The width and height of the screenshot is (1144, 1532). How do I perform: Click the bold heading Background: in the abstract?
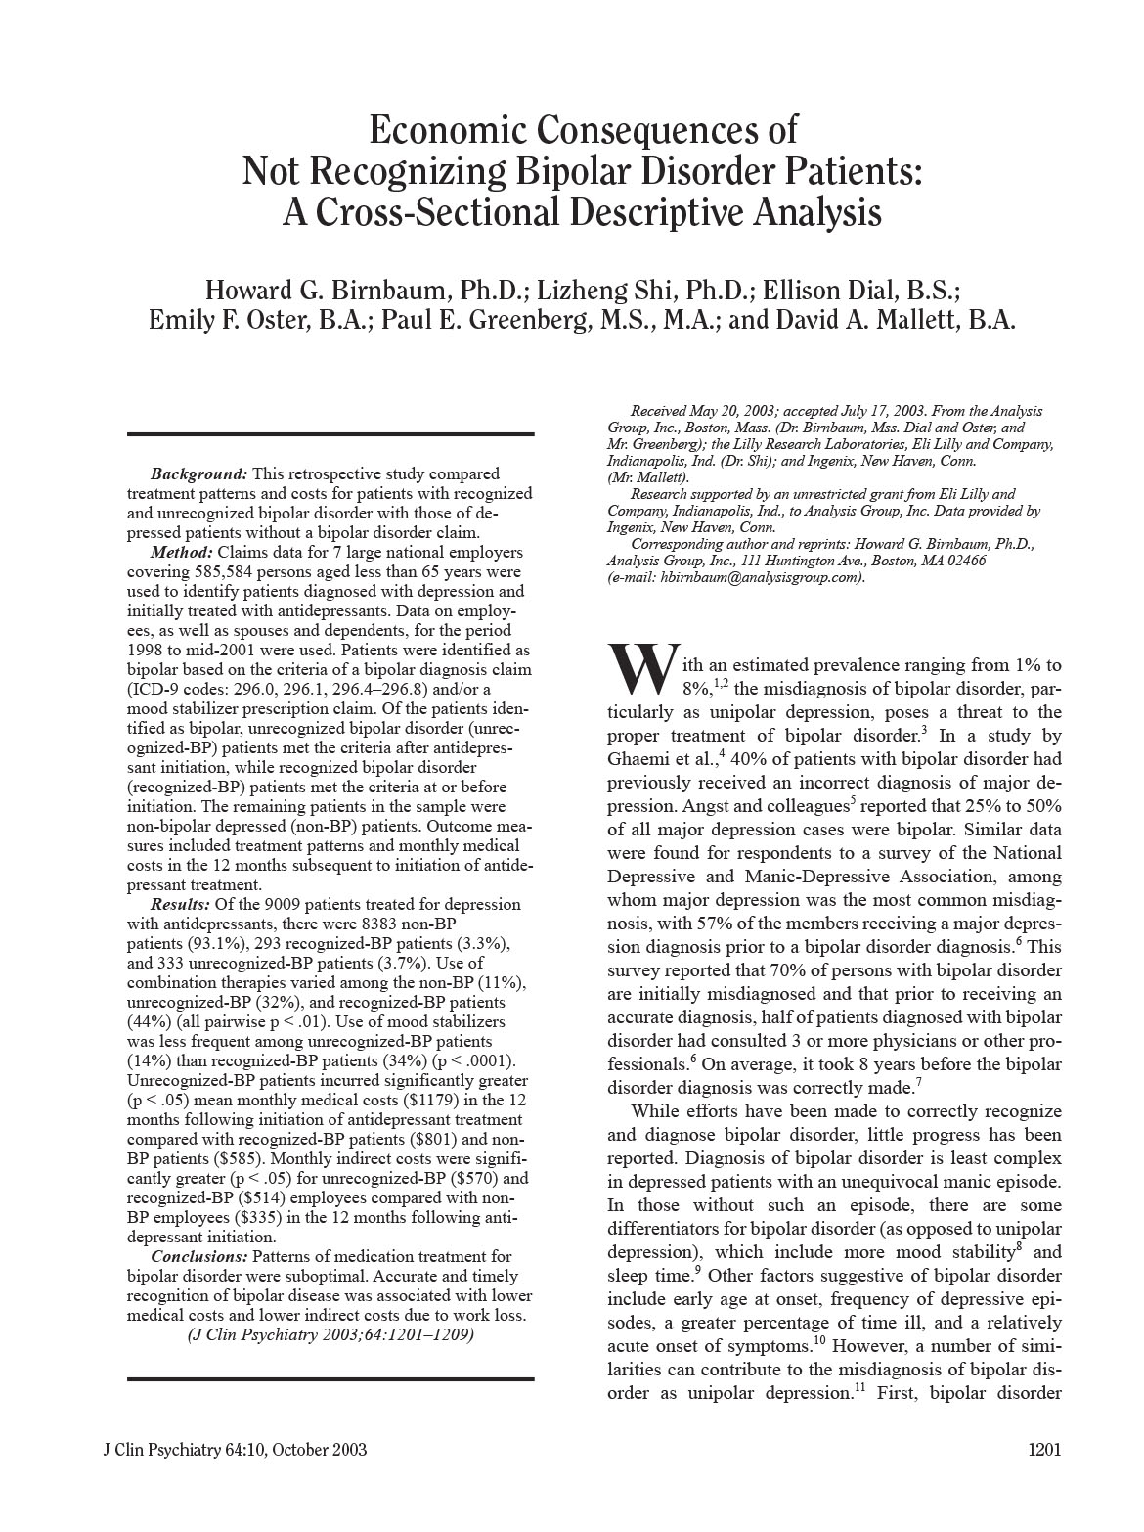pos(199,473)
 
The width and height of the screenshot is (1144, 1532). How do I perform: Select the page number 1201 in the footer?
pos(1044,1450)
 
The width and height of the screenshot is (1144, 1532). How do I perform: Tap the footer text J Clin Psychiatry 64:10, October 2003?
pos(235,1450)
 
